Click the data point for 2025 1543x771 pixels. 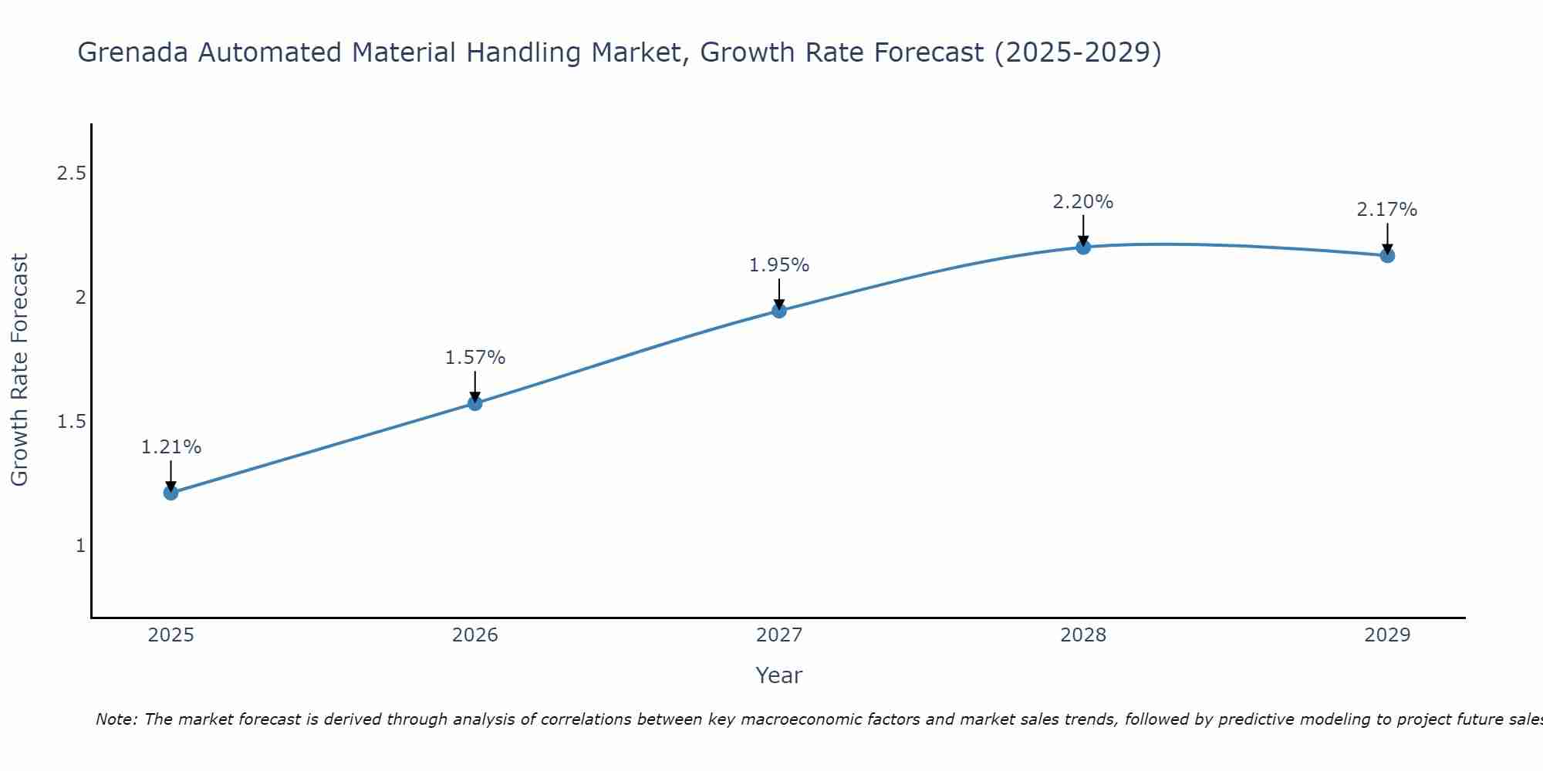(171, 493)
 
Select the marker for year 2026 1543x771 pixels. (475, 403)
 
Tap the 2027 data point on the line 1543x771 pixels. (779, 311)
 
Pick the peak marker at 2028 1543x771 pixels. (1083, 247)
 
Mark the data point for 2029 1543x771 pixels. (1387, 255)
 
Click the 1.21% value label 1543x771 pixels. (171, 447)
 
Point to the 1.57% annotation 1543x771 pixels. (475, 358)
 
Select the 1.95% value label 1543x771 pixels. (779, 265)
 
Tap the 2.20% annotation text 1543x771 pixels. (1083, 202)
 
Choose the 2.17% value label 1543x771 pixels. (1387, 210)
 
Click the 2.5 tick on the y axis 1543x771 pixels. (71, 173)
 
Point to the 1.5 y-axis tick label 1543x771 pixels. (71, 422)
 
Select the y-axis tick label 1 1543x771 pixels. (80, 546)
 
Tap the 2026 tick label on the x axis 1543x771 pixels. (475, 635)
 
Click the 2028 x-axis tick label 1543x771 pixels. (1083, 635)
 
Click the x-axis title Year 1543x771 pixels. (779, 675)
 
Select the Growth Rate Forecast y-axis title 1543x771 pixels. (20, 370)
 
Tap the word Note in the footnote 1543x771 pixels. (115, 719)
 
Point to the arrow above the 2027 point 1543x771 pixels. (779, 293)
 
